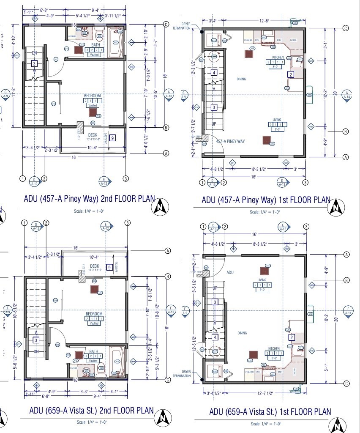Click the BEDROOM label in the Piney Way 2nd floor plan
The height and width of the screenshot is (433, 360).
(93, 96)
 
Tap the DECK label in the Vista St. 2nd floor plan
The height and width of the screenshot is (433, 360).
(94, 266)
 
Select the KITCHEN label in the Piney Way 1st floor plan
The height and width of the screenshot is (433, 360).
(278, 57)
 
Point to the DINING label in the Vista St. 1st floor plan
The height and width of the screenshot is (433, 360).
(242, 333)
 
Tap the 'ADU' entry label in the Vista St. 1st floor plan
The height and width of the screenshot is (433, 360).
(230, 273)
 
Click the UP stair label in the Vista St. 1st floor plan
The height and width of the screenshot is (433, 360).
(215, 288)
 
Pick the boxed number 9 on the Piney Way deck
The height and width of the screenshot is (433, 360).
(112, 138)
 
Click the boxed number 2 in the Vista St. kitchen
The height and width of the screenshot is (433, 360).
(292, 337)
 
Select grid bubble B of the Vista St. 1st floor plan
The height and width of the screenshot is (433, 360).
(346, 280)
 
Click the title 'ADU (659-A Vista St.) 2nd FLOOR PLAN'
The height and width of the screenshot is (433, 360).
(91, 411)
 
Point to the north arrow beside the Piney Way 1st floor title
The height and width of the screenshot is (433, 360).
(336, 208)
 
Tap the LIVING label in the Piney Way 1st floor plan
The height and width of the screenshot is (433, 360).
(277, 120)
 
